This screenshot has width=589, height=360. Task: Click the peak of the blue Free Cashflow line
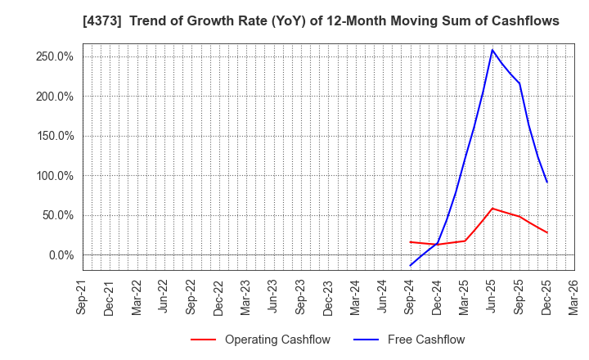[x=492, y=50]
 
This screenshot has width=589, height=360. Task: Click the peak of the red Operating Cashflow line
[x=492, y=208]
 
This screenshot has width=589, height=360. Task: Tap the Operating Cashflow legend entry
[x=260, y=340]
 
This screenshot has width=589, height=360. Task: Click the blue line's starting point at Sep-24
[x=410, y=265]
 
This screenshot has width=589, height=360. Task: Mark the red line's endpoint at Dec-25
[x=547, y=232]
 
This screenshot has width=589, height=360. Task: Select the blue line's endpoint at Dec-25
[x=547, y=182]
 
